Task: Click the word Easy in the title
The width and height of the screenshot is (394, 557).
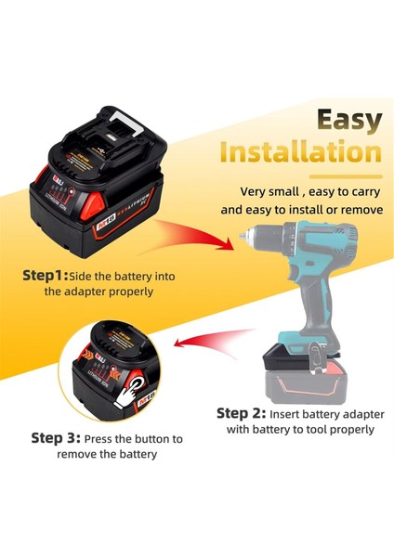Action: click(x=348, y=120)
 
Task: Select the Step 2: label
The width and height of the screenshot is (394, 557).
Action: click(x=242, y=413)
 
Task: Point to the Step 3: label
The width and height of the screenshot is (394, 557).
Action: click(x=56, y=438)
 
